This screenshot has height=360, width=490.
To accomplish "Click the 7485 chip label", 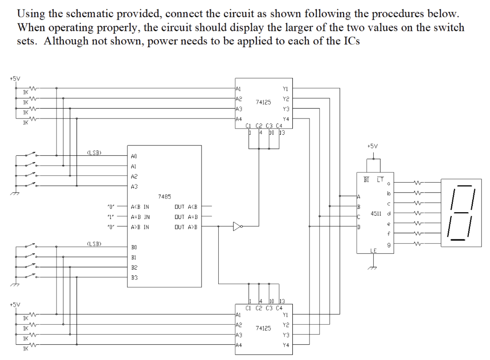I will pos(165,196).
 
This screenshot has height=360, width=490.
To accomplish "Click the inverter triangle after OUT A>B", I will pos(236,227).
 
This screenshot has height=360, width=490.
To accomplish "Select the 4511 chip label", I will pos(377,213).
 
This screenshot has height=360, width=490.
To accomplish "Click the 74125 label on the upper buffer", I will pos(263,102).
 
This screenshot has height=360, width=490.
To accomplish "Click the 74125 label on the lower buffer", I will pos(263,328).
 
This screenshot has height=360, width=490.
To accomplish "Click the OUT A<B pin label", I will pos(187,207).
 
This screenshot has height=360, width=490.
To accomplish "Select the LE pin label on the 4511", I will pos(374,251).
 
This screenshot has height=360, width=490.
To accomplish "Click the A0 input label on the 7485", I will pos(134,156).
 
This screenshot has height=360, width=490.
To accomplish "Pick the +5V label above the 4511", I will pos(372,146).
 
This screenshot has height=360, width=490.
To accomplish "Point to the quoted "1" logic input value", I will pos(111,217).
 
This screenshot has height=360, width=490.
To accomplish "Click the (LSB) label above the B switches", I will pos(94,243).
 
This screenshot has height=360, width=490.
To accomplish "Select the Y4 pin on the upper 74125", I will pos(286,119).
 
